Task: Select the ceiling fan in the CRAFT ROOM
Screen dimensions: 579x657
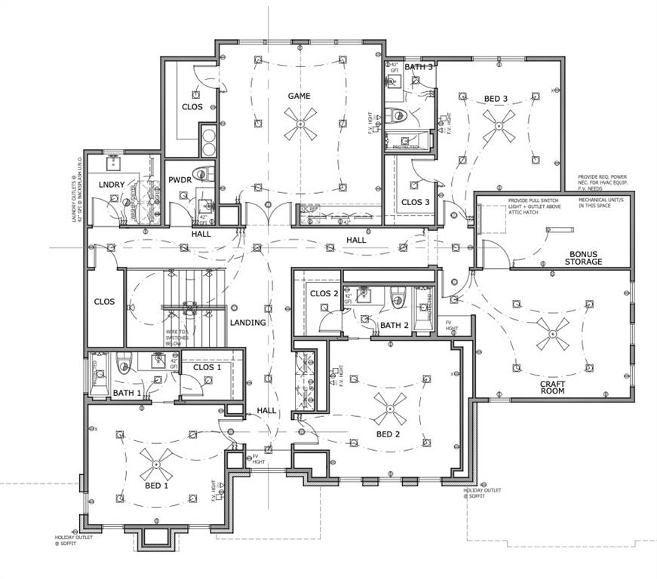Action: tap(553, 335)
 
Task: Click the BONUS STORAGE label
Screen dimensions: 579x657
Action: tap(585, 257)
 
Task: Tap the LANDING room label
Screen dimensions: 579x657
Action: tap(248, 323)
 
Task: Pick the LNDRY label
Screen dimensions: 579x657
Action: tap(111, 185)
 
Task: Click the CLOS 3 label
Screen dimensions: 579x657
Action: tap(416, 202)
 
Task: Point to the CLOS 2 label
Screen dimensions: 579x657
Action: tap(324, 294)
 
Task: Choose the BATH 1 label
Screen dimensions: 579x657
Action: tap(127, 393)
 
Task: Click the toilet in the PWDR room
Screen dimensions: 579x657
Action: tap(200, 173)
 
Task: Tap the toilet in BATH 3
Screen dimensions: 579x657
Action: tap(398, 116)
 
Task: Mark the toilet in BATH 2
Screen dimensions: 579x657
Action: tap(396, 299)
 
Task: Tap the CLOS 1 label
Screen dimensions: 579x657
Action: tap(207, 368)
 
